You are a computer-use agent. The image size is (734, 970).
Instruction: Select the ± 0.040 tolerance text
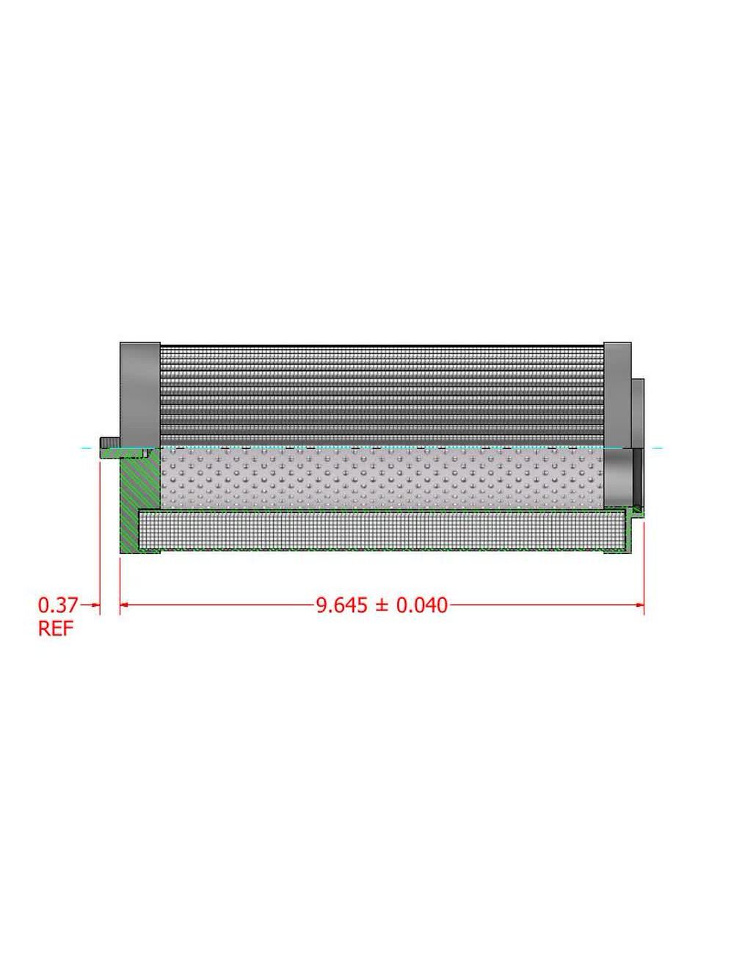point(412,606)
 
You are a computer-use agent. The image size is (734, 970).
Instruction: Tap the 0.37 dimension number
point(57,606)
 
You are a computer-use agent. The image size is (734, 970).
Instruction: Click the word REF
point(56,630)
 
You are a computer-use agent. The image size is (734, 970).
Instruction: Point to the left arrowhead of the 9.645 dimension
point(125,605)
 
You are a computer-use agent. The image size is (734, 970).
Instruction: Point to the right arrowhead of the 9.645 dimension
point(639,605)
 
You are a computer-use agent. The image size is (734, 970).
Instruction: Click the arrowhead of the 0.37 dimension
point(95,605)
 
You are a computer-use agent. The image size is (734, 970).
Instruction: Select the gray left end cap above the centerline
point(139,394)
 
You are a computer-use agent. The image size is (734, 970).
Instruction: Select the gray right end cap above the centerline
point(617,394)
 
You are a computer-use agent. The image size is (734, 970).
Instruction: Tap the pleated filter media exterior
point(382,394)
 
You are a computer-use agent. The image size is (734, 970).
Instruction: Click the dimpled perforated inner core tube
point(382,478)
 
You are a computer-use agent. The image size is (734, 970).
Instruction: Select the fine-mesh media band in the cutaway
point(382,531)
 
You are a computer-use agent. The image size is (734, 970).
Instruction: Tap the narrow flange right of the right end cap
point(638,412)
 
